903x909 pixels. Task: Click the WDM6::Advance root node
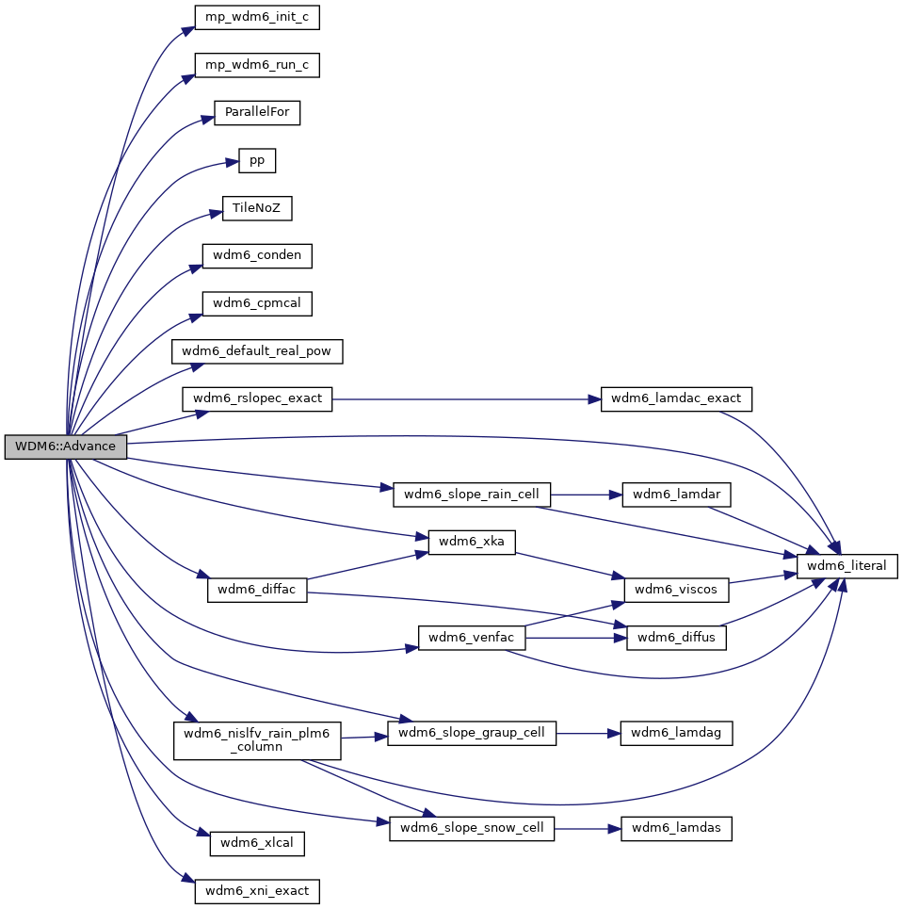(x=66, y=446)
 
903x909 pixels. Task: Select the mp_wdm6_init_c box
(x=257, y=17)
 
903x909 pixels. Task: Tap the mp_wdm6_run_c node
(x=257, y=65)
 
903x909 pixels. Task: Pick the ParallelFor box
(x=257, y=112)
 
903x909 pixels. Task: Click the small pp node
(x=257, y=160)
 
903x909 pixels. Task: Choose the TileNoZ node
(x=257, y=208)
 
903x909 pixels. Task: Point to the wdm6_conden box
(x=257, y=255)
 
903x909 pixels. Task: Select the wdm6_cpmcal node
(x=257, y=303)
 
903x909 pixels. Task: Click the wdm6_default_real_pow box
(x=257, y=351)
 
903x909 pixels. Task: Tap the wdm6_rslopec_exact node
(x=257, y=398)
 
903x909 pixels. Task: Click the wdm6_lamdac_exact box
(x=676, y=398)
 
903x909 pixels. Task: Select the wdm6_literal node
(x=847, y=566)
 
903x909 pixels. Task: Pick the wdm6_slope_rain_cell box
(x=471, y=495)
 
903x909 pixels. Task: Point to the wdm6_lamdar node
(x=676, y=495)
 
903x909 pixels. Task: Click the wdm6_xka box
(x=471, y=542)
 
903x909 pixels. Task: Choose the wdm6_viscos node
(x=676, y=590)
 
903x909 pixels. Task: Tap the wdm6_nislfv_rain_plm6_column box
(x=257, y=739)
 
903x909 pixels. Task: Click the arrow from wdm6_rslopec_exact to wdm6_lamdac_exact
(x=467, y=399)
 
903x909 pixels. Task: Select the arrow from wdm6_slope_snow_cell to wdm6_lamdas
(x=588, y=829)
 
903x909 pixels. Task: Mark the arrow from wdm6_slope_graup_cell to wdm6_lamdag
(x=589, y=734)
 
